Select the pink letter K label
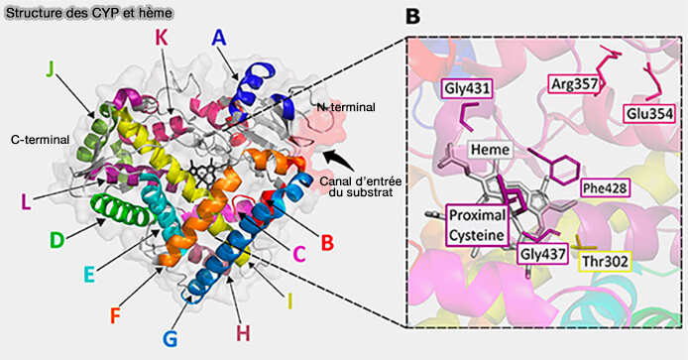[161, 39]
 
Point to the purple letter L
[26, 201]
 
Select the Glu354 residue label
[646, 114]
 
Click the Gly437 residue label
[540, 254]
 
